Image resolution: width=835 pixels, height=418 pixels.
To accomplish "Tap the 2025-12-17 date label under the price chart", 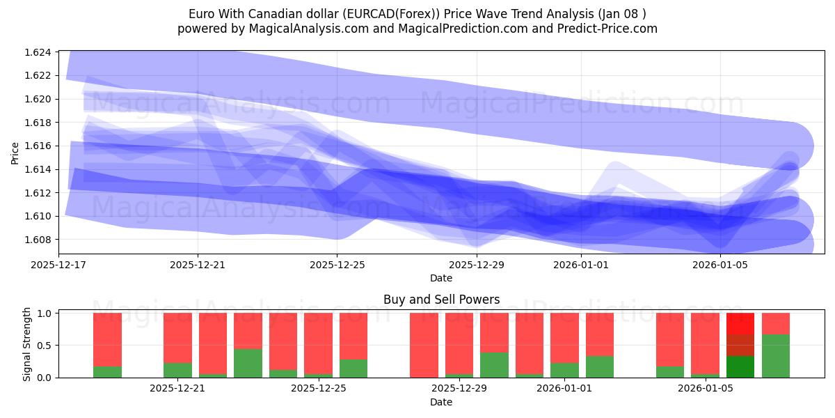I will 58,265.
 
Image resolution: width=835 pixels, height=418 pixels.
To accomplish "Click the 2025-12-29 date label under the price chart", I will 476,265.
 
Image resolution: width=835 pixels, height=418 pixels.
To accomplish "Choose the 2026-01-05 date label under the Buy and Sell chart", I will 706,388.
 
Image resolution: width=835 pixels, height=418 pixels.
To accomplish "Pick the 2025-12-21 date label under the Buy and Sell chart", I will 177,388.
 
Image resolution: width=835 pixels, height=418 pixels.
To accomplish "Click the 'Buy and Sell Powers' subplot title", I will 441,300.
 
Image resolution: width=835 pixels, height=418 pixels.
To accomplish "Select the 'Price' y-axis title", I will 15,153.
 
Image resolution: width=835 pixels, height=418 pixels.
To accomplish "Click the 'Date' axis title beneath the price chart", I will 441,278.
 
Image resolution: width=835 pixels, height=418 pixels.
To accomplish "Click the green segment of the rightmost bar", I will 776,356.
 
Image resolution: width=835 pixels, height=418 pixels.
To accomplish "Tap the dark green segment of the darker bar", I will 740,366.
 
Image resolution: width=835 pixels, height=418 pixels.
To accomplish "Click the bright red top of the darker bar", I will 740,323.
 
